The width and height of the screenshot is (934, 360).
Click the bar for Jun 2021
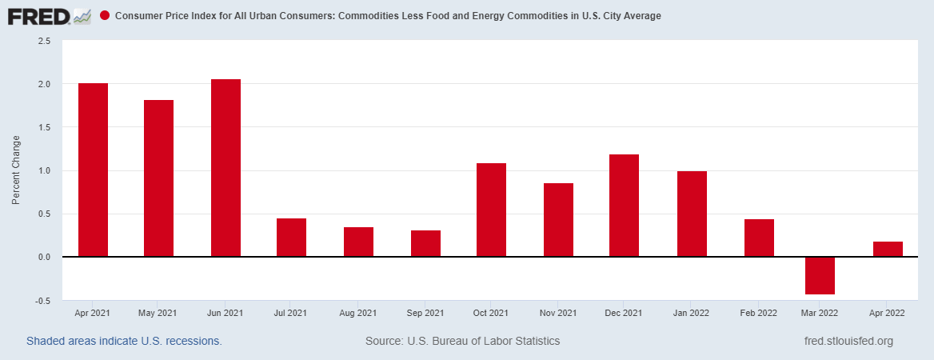pos(226,168)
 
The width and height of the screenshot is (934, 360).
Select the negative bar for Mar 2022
pos(820,276)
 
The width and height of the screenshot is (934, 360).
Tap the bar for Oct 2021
pos(491,210)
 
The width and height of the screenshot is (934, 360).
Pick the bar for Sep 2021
pos(425,243)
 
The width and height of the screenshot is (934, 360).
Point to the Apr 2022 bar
pos(888,249)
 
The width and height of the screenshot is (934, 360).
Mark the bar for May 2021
pos(158,178)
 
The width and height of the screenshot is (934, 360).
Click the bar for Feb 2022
pos(759,238)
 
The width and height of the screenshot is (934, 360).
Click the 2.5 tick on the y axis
pos(44,41)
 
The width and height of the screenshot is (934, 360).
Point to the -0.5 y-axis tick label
pos(43,301)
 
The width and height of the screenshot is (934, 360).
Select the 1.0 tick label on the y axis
pos(44,170)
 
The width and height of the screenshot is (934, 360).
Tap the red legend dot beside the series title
pos(105,16)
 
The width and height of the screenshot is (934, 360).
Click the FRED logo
pos(48,16)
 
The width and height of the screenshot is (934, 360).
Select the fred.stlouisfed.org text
pos(848,341)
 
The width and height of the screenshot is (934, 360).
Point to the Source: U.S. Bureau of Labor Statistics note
pos(462,341)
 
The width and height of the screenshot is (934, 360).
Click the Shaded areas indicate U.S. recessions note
pos(124,341)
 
